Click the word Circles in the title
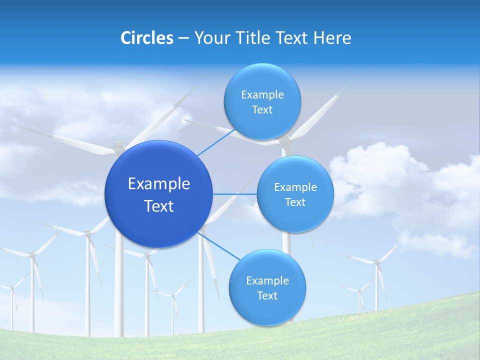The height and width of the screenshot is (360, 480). click(x=146, y=38)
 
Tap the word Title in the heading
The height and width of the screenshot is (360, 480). click(x=254, y=38)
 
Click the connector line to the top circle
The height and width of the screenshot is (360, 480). click(x=216, y=142)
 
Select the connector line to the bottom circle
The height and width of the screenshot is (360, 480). click(x=220, y=246)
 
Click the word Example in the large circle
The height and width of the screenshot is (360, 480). click(x=159, y=184)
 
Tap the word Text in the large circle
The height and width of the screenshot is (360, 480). click(x=159, y=206)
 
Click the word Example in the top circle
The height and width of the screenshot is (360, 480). click(x=262, y=95)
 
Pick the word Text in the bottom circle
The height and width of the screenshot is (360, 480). click(x=267, y=296)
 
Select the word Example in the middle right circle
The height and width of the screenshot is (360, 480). click(x=295, y=187)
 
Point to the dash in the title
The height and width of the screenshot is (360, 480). click(x=183, y=38)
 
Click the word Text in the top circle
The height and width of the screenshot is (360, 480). click(x=262, y=110)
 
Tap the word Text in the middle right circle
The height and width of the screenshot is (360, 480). click(x=295, y=202)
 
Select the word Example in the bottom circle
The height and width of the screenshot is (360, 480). click(x=267, y=281)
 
